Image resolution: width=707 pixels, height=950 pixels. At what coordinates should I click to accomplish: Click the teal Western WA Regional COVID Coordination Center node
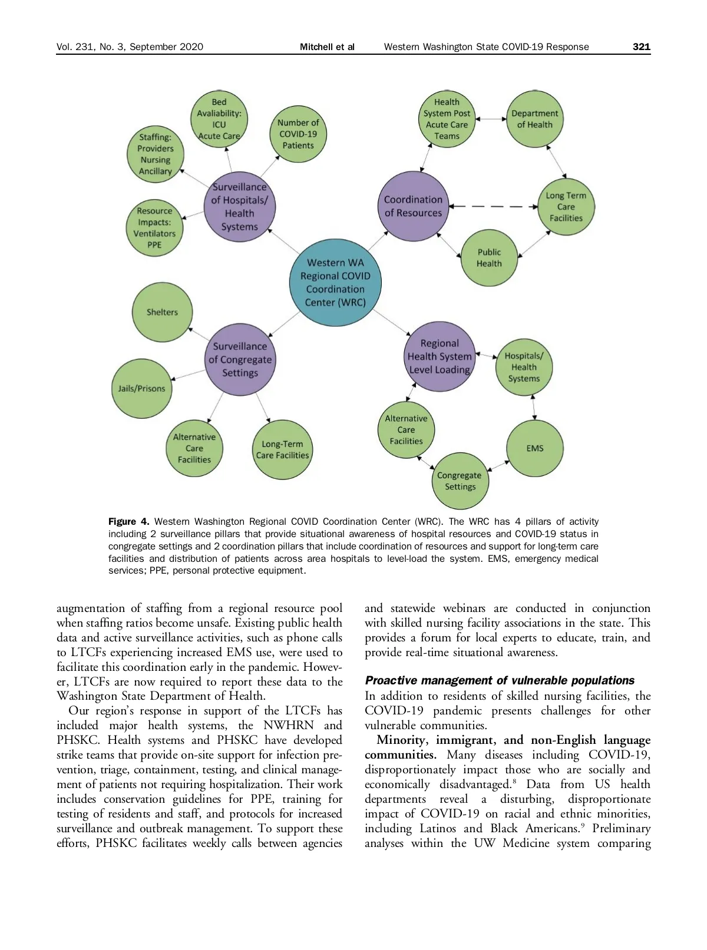pyautogui.click(x=335, y=283)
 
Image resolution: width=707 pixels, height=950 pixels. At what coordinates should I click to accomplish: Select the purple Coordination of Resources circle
pyautogui.click(x=413, y=206)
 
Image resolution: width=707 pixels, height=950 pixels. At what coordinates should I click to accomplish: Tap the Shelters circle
pyautogui.click(x=162, y=312)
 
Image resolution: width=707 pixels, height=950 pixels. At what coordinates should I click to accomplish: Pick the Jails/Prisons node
pyautogui.click(x=141, y=389)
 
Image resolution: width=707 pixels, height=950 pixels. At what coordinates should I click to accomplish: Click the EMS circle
pyautogui.click(x=535, y=448)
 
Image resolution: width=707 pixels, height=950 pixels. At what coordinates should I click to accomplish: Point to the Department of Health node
pyautogui.click(x=534, y=119)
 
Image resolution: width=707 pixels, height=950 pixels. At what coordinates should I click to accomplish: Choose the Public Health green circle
pyautogui.click(x=489, y=258)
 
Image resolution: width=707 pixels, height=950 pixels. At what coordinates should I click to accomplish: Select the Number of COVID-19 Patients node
pyautogui.click(x=298, y=134)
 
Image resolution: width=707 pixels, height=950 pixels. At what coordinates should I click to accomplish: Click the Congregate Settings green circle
pyautogui.click(x=460, y=481)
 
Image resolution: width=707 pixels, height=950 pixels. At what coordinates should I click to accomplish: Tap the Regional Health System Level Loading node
pyautogui.click(x=440, y=356)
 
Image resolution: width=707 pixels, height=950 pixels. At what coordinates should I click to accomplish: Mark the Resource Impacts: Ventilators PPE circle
pyautogui.click(x=154, y=228)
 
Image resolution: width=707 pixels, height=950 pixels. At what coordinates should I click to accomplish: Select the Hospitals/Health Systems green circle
pyautogui.click(x=524, y=367)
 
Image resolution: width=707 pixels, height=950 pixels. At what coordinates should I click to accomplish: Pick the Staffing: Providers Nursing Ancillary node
pyautogui.click(x=156, y=154)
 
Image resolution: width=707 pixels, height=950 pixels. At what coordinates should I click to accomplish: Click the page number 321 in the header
pyautogui.click(x=641, y=47)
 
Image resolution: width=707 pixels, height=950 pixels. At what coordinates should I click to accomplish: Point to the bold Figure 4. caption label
pyautogui.click(x=128, y=522)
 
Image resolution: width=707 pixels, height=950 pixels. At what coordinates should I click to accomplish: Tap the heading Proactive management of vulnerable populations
pyautogui.click(x=500, y=681)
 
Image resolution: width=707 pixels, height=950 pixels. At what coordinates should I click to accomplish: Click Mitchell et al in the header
pyautogui.click(x=327, y=47)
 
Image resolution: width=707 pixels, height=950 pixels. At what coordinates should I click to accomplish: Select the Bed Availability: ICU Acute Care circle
pyautogui.click(x=219, y=119)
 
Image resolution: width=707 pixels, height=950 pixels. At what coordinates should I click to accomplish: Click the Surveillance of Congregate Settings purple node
pyautogui.click(x=240, y=359)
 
